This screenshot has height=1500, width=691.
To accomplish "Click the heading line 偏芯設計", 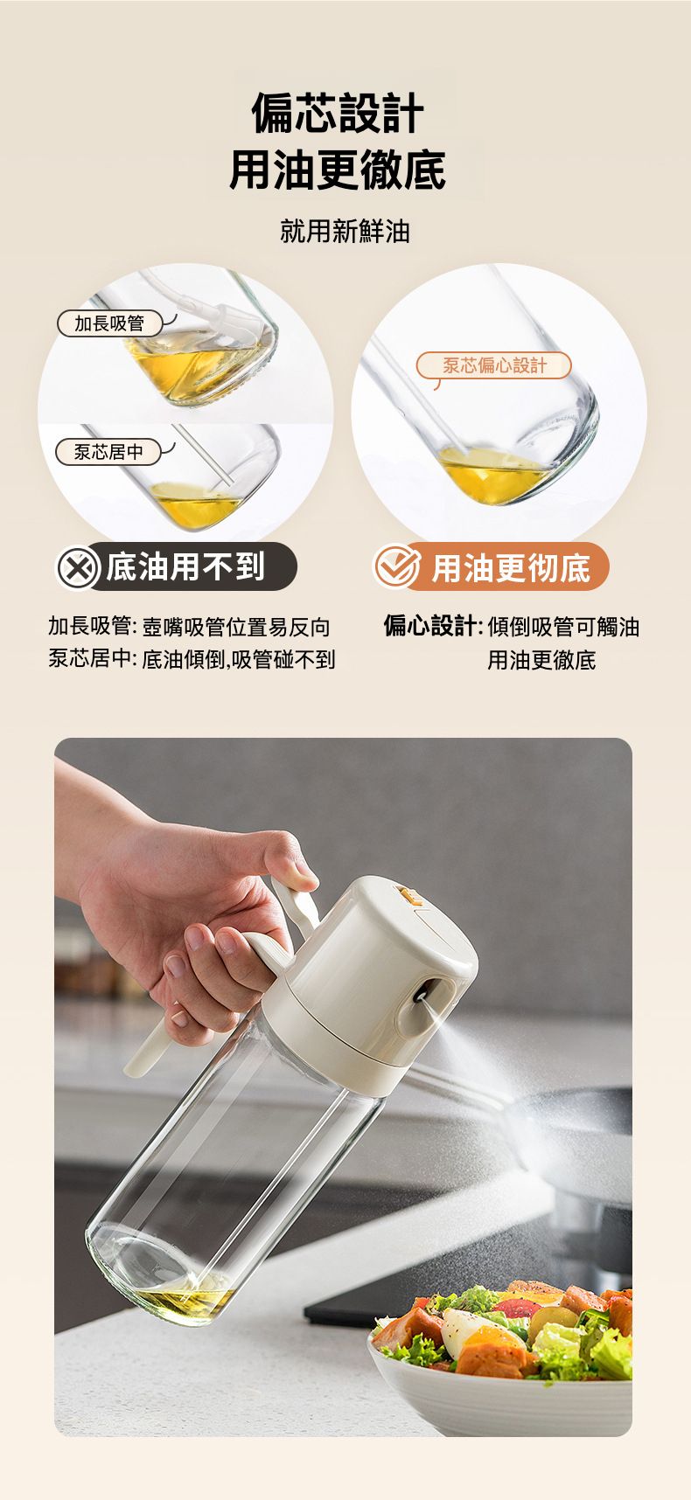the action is pos(338,114).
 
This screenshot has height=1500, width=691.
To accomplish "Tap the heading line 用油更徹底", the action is pos(338,170).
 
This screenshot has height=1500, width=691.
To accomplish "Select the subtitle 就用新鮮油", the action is pos(345,231).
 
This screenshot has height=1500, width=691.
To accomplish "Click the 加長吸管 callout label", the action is pos(109,323).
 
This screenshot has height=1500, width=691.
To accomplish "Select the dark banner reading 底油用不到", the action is pos(177,566).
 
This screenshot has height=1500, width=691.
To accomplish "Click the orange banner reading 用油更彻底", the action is pos(492,566).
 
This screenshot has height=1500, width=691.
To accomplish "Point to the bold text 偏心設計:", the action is pos(433,626).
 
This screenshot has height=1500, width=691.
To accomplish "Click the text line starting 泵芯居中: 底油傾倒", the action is pos(192,659).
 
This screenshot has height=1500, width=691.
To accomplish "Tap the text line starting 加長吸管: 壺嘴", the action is pos(189,626).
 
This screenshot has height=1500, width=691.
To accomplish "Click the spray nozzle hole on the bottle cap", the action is pos(422,993).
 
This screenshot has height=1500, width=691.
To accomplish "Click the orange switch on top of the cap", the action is pos(408,895).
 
